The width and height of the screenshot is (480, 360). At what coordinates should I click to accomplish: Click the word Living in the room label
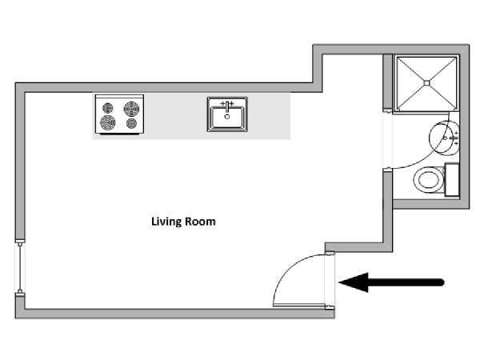[x=166, y=222]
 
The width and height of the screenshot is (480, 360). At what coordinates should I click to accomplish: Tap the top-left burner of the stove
[x=108, y=108]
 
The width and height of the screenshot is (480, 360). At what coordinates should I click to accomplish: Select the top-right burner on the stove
[x=132, y=109]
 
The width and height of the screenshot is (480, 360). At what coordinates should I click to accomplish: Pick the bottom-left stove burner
[x=108, y=122]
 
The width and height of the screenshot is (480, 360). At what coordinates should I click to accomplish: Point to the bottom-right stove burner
[x=132, y=123]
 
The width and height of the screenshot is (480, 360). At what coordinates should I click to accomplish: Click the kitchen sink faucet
[x=227, y=106]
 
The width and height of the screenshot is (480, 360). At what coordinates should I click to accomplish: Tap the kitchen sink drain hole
[x=227, y=117]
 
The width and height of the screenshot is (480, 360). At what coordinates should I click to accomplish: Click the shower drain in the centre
[x=426, y=82]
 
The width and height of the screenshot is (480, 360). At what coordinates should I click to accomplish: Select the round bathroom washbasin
[x=444, y=138]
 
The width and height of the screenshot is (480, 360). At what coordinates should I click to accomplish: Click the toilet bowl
[x=429, y=180]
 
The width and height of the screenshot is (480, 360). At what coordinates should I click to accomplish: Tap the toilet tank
[x=452, y=180]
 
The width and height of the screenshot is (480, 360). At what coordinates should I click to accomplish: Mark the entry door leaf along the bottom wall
[x=299, y=305]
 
